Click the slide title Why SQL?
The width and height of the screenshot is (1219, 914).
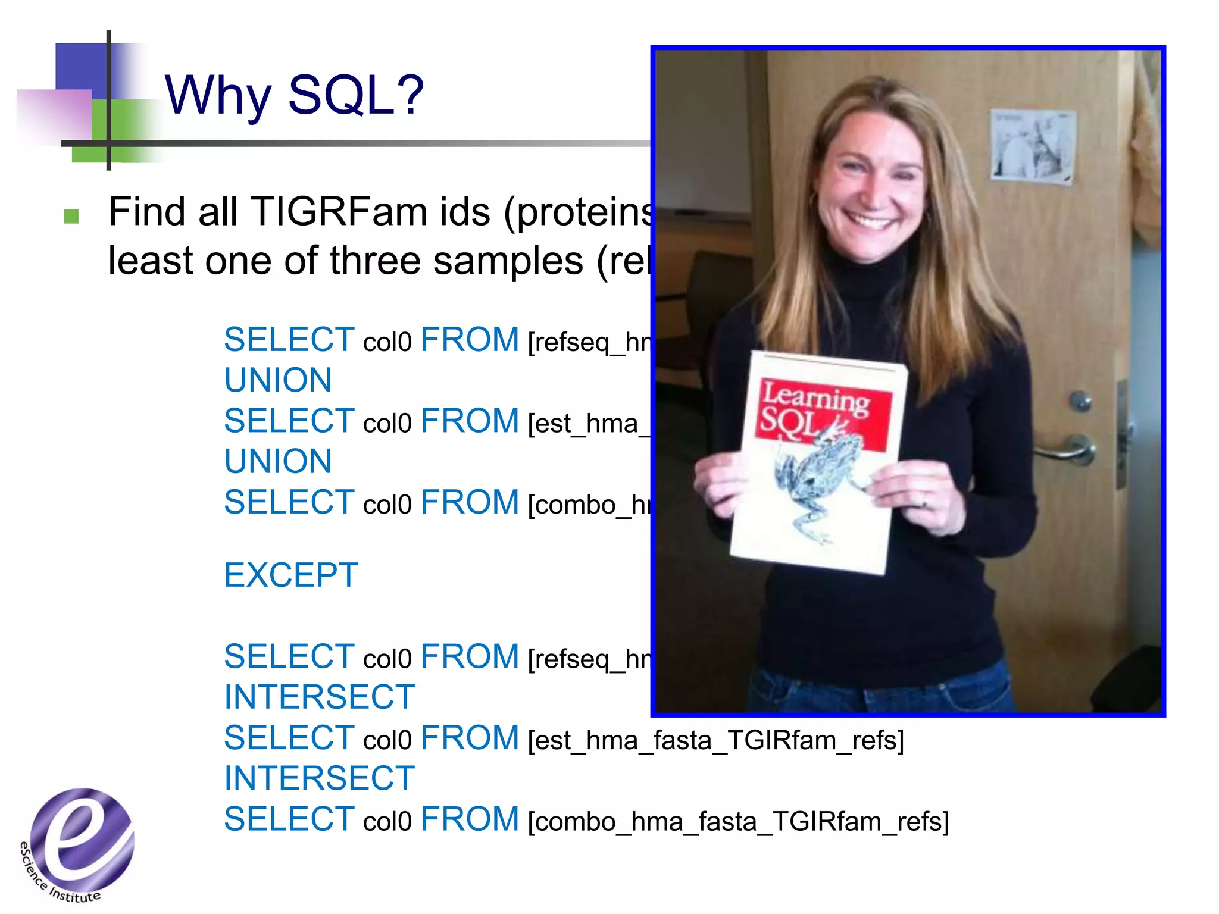294,95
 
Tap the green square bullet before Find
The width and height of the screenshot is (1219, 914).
71,216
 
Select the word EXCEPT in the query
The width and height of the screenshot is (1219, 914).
291,575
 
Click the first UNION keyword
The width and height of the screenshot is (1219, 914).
278,380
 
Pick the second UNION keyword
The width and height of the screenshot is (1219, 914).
278,462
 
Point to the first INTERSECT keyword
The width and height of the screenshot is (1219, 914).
319,697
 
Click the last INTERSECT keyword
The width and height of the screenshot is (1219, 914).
319,778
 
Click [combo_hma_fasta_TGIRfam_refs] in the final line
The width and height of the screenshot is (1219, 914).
738,822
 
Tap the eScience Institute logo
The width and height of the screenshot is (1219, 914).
77,842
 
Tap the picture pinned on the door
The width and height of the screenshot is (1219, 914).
1033,145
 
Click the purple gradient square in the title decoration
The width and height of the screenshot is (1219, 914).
55,117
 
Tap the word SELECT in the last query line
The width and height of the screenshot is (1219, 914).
289,820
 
